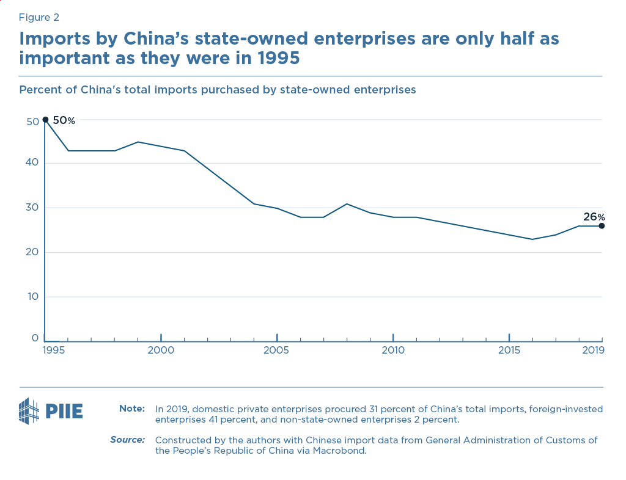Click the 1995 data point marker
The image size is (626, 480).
(45, 120)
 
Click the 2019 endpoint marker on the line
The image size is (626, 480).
(602, 226)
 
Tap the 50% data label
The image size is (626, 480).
(64, 121)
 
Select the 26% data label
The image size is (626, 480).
(593, 217)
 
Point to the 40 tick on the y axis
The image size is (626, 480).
(32, 162)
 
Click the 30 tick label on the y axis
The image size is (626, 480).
(32, 208)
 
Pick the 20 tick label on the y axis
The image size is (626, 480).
(32, 252)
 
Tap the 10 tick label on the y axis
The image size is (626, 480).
(32, 297)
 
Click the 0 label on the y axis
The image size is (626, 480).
(35, 338)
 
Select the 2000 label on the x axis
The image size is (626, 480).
(161, 351)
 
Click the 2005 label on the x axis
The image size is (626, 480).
(276, 351)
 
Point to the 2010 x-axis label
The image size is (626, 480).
(392, 351)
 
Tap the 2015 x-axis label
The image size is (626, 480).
(509, 351)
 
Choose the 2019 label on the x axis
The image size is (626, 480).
(593, 351)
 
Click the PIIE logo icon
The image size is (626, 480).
(30, 411)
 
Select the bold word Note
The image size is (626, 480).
(131, 409)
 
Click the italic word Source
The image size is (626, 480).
(127, 440)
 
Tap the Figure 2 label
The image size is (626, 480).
(39, 17)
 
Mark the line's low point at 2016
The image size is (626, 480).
(532, 239)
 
